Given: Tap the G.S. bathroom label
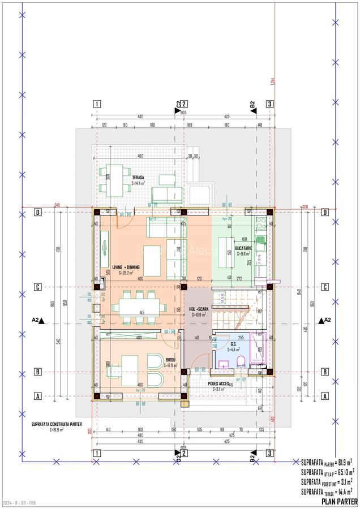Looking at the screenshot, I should [x=234, y=346].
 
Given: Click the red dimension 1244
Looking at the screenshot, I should [x=272, y=83].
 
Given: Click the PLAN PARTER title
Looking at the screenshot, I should [x=339, y=502].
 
